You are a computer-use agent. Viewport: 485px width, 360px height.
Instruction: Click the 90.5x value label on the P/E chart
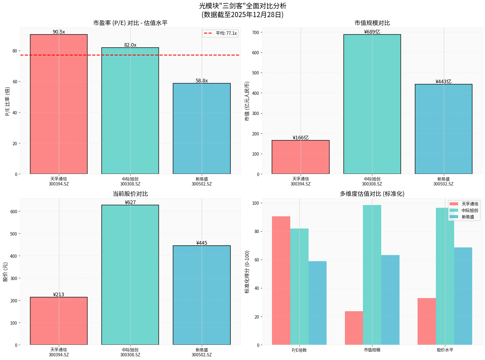coord(59,32)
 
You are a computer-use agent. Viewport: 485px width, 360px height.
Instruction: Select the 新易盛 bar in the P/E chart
coord(201,128)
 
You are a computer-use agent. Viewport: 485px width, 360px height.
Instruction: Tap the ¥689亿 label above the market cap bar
coord(372,32)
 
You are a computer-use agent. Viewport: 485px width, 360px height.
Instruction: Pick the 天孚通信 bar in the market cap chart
coord(300,157)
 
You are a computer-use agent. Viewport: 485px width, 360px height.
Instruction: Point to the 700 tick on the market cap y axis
coord(256,32)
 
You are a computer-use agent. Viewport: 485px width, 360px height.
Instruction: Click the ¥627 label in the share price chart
coord(130,202)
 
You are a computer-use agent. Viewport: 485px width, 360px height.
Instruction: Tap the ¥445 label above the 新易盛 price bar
coord(201,243)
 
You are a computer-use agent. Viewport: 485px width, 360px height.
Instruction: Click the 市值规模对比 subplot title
coord(372,23)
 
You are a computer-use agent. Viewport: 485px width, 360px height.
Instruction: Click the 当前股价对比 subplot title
coord(130,194)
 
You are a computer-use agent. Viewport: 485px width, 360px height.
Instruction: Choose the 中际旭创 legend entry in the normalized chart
coord(469,211)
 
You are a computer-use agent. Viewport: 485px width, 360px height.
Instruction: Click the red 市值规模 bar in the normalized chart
coord(354,328)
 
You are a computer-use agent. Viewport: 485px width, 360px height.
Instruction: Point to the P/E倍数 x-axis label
coord(299,350)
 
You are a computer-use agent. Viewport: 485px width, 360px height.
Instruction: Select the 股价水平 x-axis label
coord(445,350)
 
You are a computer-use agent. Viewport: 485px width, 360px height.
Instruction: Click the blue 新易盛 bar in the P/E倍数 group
coord(317,302)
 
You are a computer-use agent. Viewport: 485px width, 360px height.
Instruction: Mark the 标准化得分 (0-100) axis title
coord(247,272)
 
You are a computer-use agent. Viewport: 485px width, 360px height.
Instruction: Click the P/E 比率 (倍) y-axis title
coord(8,101)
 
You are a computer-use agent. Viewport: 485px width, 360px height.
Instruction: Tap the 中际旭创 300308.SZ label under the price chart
coord(130,352)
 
